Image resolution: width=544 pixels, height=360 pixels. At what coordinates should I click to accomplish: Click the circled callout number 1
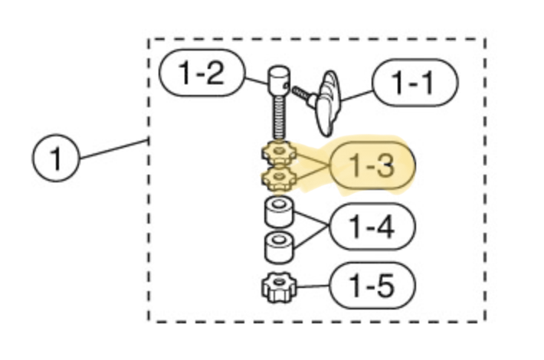pyautogui.click(x=56, y=158)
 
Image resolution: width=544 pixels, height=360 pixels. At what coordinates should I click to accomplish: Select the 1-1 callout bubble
pyautogui.click(x=415, y=83)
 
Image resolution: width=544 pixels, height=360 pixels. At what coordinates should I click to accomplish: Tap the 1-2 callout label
pyautogui.click(x=202, y=73)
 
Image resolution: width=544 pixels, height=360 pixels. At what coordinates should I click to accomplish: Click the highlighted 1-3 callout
pyautogui.click(x=372, y=165)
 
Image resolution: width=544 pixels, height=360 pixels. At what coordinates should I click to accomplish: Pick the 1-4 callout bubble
pyautogui.click(x=372, y=227)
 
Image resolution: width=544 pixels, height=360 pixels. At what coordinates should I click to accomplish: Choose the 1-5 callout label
pyautogui.click(x=372, y=286)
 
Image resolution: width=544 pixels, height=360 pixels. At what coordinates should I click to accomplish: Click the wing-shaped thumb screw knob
pyautogui.click(x=327, y=103)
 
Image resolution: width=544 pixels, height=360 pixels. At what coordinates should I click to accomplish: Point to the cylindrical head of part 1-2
pyautogui.click(x=278, y=81)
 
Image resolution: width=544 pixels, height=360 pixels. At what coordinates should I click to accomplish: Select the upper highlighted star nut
pyautogui.click(x=279, y=152)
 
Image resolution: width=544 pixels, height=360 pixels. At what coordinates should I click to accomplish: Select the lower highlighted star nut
pyautogui.click(x=279, y=178)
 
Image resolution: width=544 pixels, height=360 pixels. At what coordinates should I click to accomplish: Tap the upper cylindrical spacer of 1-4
pyautogui.click(x=279, y=211)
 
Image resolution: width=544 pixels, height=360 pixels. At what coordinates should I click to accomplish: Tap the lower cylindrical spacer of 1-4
pyautogui.click(x=279, y=247)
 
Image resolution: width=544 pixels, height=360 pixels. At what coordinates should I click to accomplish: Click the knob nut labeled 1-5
pyautogui.click(x=279, y=287)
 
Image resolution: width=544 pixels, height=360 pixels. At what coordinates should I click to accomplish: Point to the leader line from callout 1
pyautogui.click(x=114, y=149)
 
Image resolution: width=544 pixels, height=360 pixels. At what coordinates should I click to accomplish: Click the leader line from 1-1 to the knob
pyautogui.click(x=356, y=96)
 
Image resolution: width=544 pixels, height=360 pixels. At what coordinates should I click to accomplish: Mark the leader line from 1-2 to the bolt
pyautogui.click(x=257, y=81)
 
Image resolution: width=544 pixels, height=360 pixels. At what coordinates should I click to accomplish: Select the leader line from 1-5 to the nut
pyautogui.click(x=313, y=286)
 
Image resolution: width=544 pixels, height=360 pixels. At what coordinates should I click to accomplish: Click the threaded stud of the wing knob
pyautogui.click(x=303, y=95)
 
